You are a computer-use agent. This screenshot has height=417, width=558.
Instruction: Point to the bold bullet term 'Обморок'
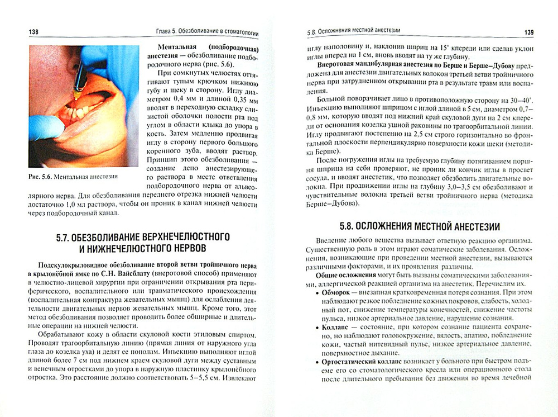point(336,291)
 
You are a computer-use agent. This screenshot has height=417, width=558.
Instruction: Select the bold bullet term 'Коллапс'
point(334,325)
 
